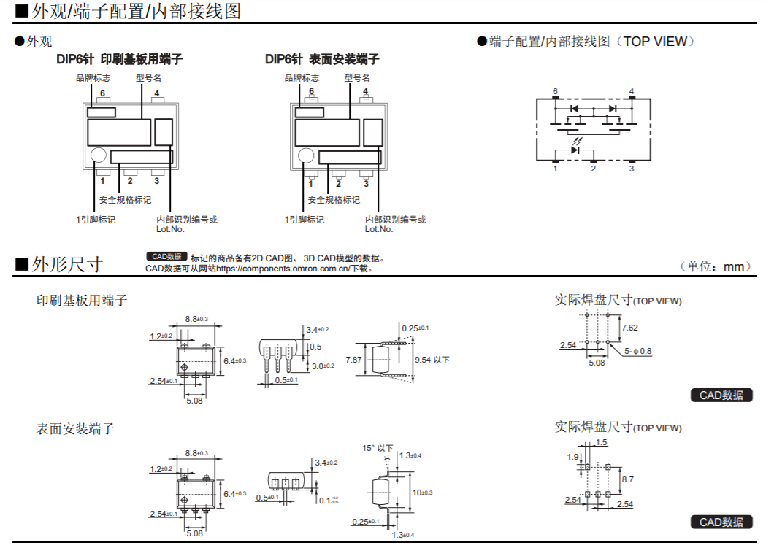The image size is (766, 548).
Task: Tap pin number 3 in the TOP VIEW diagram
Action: pos(632,169)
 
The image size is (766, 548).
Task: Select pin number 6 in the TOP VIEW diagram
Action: pos(555,91)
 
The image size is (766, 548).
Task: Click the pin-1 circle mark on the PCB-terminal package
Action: pos(98,155)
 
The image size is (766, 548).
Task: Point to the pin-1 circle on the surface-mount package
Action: pos(306,155)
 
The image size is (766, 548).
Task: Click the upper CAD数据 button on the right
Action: pos(721,395)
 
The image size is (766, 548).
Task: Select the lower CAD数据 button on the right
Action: pos(721,522)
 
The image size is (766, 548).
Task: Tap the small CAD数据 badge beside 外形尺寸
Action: pos(166,256)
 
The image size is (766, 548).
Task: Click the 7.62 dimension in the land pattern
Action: pos(629,328)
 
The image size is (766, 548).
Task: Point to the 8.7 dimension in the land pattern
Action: pos(628,479)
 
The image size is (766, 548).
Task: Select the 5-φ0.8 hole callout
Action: pos(637,351)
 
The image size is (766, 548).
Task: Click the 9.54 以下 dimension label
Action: pos(432,360)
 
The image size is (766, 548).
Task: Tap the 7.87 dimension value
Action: pos(353,360)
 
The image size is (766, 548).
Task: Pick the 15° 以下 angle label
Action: pos(377,447)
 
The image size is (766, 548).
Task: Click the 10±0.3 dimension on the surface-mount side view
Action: pos(422,493)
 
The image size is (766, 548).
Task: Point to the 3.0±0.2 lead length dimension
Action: pos(323,366)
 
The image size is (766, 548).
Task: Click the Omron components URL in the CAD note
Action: pos(283,269)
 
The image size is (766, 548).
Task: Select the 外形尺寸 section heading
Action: pos(67,264)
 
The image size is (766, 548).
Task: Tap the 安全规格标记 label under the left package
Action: pos(125,200)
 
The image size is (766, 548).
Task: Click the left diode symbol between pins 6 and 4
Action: pos(575,109)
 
